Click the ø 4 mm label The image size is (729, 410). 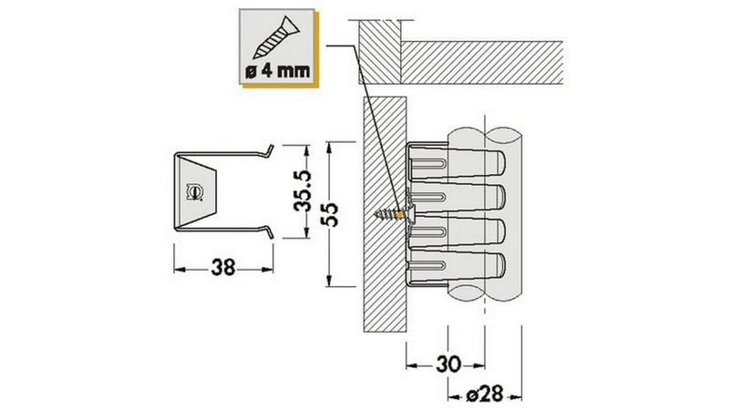coord(278,71)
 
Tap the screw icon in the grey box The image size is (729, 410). coord(277,37)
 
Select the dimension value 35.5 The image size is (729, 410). coord(303,191)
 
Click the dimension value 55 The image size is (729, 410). coord(330,214)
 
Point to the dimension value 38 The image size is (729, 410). coord(223,268)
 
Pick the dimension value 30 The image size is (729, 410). coord(448,364)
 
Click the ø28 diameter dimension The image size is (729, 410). coord(485,395)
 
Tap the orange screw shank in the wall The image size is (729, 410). coord(401,215)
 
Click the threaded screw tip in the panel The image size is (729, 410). coord(385,214)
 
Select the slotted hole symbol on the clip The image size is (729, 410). coord(194,192)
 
